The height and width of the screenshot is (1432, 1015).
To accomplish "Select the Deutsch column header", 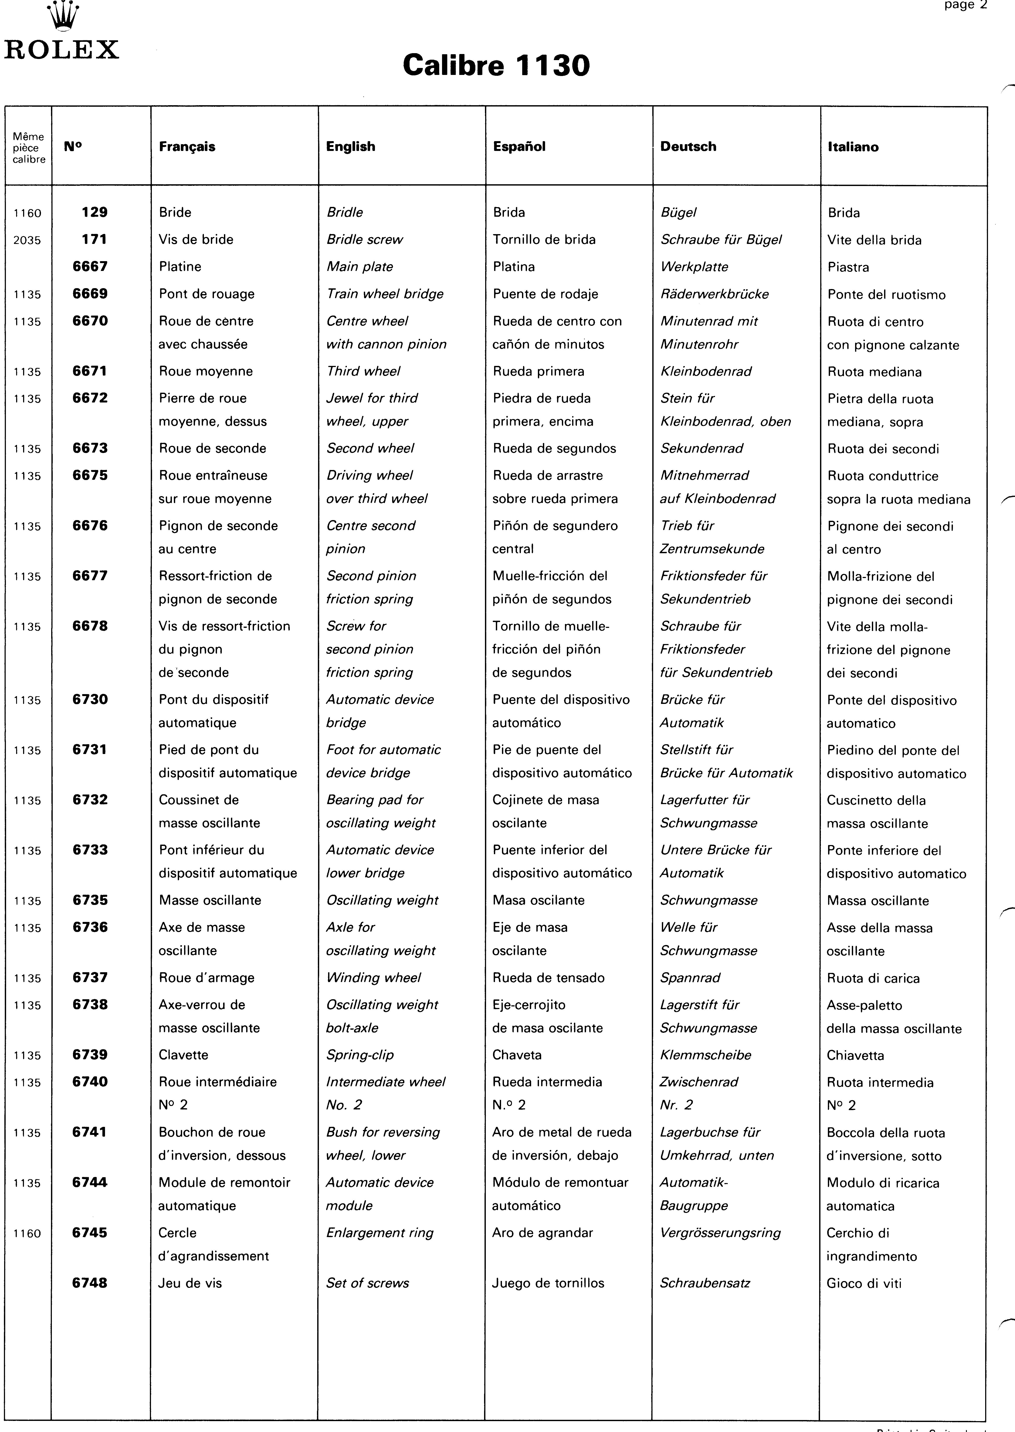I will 688,147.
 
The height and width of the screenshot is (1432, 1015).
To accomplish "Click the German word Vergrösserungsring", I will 720,1233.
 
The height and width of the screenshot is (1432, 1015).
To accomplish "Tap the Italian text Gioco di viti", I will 864,1283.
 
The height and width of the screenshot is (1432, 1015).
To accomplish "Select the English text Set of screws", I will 368,1283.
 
